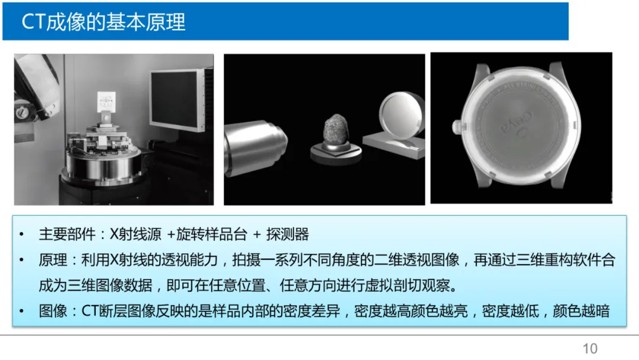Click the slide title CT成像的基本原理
click(x=104, y=21)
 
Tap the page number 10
click(x=590, y=349)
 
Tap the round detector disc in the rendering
click(x=401, y=116)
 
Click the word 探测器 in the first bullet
click(x=288, y=234)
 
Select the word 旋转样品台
click(x=212, y=234)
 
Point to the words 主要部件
click(x=67, y=234)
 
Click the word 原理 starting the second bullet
click(x=53, y=260)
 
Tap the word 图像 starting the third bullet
click(x=53, y=311)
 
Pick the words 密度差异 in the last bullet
click(x=312, y=311)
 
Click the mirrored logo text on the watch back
click(x=517, y=123)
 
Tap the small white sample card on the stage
click(x=106, y=102)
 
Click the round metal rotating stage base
click(x=104, y=165)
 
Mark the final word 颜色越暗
click(x=581, y=311)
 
